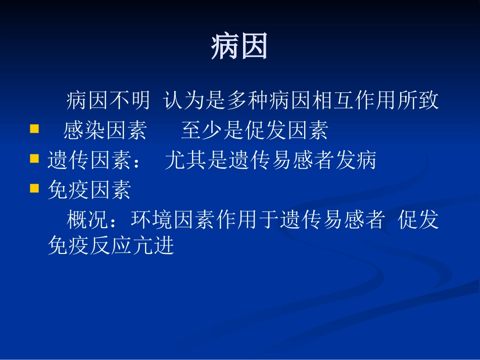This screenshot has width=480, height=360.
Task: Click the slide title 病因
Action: tap(239, 47)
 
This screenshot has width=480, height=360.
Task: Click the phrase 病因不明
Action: tap(108, 101)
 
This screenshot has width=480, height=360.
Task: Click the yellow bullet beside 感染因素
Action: tap(34, 129)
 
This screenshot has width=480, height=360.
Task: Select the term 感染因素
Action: tap(105, 131)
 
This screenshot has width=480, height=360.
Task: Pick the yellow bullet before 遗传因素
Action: tap(34, 159)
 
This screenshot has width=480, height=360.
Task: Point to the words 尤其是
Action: tap(196, 161)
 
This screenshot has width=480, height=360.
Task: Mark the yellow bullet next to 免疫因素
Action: tap(34, 188)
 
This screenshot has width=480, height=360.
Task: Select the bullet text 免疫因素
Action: tap(89, 190)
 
